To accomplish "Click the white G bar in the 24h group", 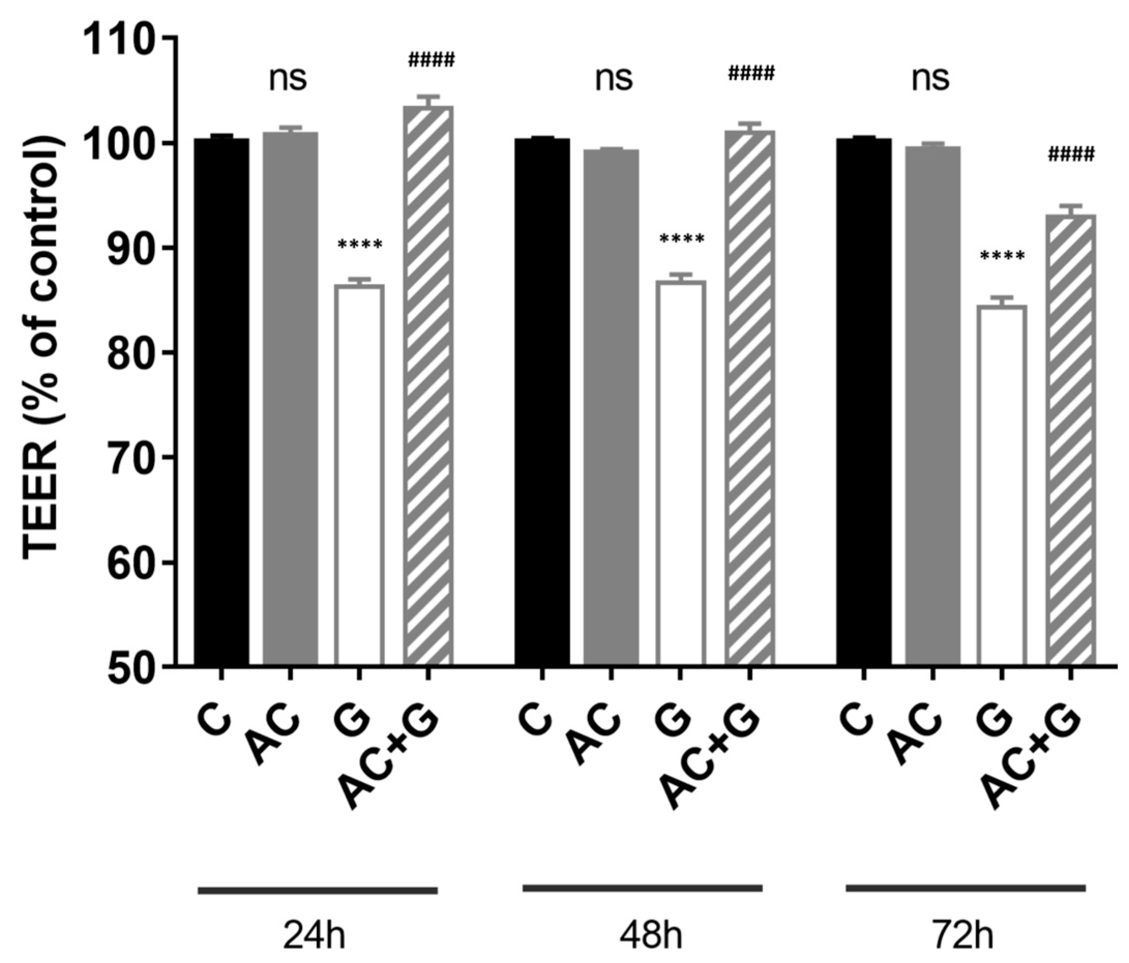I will pos(360,474).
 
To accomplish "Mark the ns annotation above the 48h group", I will pos(614,79).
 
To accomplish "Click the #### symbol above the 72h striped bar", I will pos(1070,155).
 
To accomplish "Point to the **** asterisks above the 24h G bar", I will pos(360,244).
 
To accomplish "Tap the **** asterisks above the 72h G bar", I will pos(1002,255).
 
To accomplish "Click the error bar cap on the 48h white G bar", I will pos(680,275).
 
